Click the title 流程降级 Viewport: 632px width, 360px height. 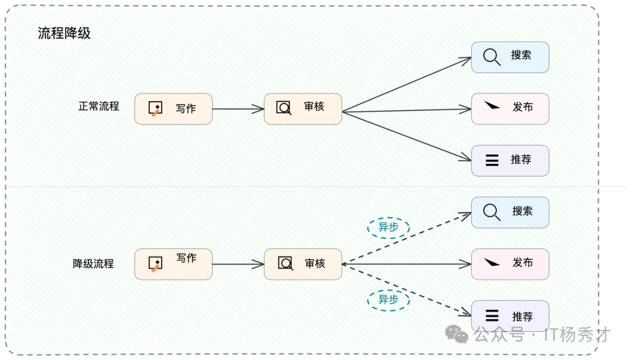click(64, 33)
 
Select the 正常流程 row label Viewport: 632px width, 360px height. click(99, 107)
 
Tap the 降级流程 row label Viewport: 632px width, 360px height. click(93, 263)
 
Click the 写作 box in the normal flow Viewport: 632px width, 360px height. click(173, 108)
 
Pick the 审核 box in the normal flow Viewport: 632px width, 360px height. click(303, 108)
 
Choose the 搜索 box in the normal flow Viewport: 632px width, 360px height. click(510, 57)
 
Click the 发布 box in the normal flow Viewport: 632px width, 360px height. click(510, 108)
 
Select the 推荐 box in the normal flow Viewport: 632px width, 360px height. click(510, 160)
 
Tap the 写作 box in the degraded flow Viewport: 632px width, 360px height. click(173, 264)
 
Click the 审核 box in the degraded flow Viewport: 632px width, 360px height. click(303, 264)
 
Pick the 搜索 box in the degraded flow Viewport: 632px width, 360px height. click(510, 212)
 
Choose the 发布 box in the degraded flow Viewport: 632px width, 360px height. click(510, 264)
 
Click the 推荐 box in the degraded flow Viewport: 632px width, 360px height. click(510, 316)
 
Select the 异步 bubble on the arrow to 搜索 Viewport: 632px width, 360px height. click(388, 227)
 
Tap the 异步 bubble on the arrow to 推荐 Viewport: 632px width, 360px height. click(388, 300)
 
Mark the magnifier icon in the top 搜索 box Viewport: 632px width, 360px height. click(492, 57)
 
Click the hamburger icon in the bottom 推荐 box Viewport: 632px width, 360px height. click(492, 316)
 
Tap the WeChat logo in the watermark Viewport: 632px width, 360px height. click(456, 334)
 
